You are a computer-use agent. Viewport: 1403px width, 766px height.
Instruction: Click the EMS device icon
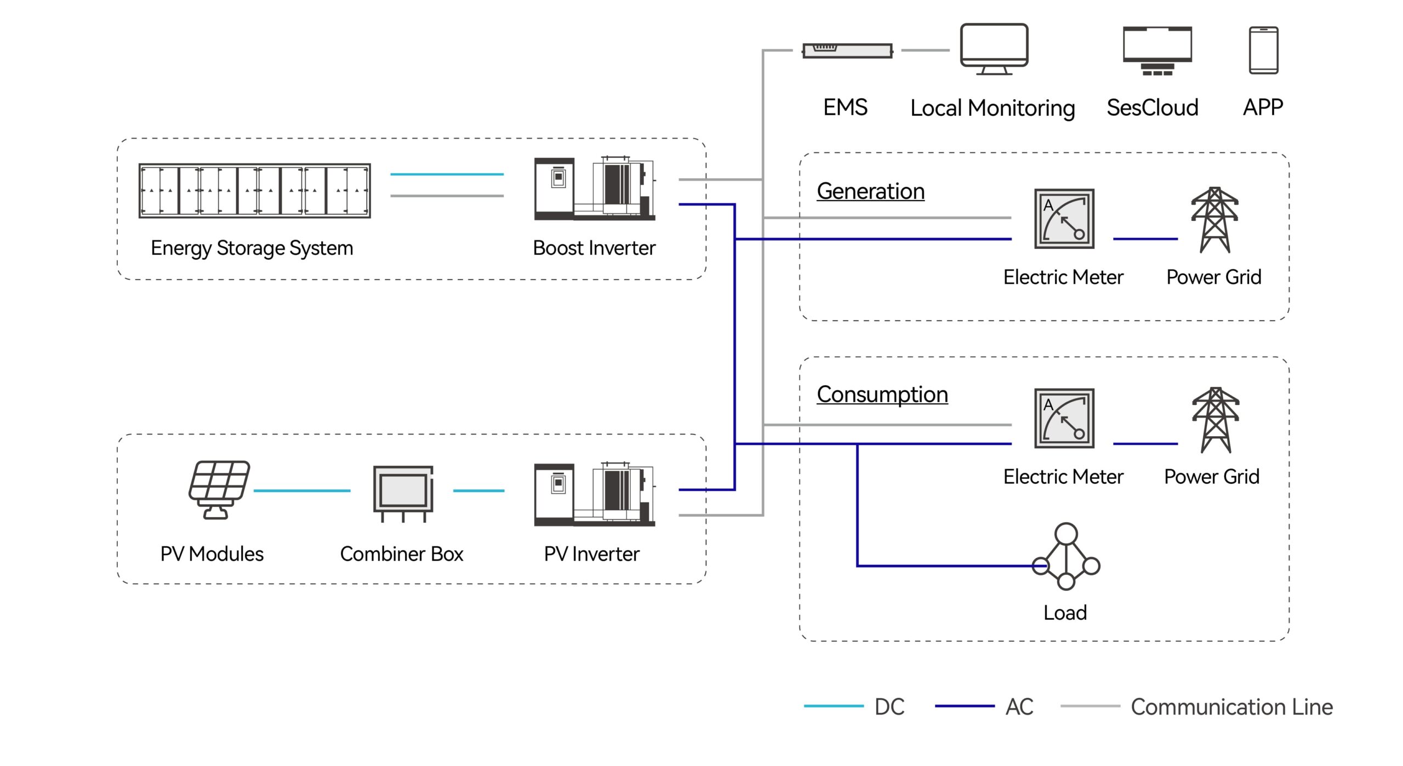point(847,51)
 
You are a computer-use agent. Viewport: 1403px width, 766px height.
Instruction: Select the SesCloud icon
point(1157,50)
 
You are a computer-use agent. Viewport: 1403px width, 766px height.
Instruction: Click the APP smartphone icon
point(1263,50)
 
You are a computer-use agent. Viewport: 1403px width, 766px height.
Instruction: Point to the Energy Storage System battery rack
point(255,191)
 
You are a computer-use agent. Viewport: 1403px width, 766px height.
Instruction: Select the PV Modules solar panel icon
point(219,489)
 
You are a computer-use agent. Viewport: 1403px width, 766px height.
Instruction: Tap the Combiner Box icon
point(403,493)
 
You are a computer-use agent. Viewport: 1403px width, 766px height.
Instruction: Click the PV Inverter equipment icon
point(595,494)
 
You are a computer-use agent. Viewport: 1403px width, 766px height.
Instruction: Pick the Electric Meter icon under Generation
point(1064,219)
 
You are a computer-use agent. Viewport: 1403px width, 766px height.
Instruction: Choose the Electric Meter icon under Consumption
point(1064,418)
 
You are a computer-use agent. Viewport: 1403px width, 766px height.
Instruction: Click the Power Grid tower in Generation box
point(1214,220)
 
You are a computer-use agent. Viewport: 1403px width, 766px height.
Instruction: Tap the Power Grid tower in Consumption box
point(1215,420)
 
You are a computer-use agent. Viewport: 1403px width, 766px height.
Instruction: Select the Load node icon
point(1066,557)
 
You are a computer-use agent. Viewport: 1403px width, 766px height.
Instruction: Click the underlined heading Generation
point(870,191)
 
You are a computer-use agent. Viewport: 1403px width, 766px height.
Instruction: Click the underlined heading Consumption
point(882,395)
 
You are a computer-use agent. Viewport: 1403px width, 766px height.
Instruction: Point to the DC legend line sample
point(833,706)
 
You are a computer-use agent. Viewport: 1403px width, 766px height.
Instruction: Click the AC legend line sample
point(964,706)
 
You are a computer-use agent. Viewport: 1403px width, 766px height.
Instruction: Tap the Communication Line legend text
point(1231,707)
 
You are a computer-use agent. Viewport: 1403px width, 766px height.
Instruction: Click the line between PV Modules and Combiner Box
point(302,491)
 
